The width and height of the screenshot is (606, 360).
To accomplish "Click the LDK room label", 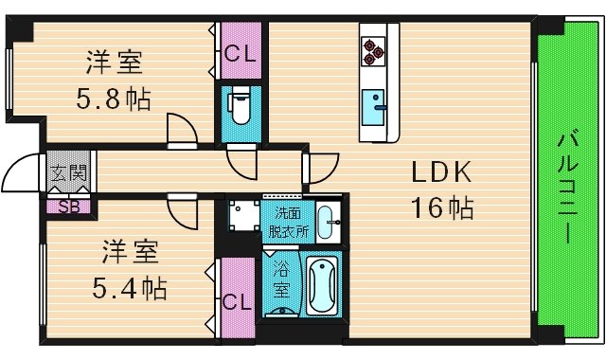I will point(439,173).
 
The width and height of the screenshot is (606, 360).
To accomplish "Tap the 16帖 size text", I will point(439,207).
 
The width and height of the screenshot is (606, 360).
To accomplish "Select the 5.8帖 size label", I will point(114,98).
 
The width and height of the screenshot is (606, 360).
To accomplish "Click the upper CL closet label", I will point(239,54).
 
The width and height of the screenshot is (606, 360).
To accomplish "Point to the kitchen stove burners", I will point(372,50).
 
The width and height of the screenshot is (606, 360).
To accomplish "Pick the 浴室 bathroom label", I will point(281,281).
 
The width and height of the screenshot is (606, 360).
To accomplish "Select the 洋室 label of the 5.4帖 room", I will point(131,252).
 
